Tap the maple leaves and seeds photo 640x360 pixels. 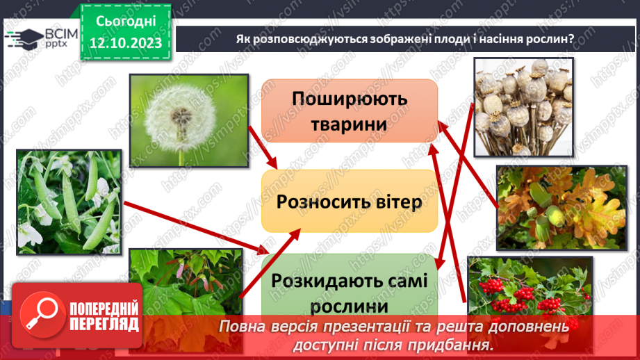(x=186, y=285)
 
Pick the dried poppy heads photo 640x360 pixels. (x=524, y=106)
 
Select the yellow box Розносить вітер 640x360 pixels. (x=349, y=202)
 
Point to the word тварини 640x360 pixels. (x=349, y=124)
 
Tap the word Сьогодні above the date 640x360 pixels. (x=126, y=21)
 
